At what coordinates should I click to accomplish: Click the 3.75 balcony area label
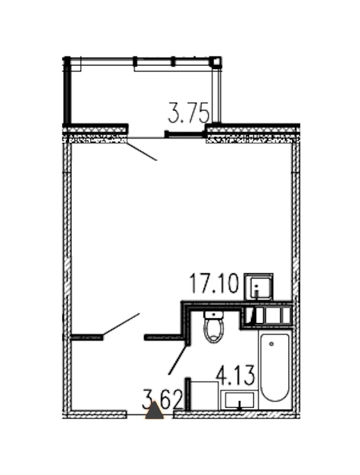click(188, 113)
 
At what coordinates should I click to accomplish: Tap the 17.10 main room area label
click(214, 283)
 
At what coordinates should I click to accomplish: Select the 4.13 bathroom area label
click(235, 375)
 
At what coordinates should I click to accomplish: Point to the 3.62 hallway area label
click(163, 399)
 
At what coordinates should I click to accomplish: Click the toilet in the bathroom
click(214, 327)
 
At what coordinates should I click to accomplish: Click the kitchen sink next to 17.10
click(259, 286)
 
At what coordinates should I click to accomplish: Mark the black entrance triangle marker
click(154, 411)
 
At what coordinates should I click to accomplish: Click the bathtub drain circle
click(271, 343)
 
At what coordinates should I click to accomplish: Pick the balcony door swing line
click(142, 151)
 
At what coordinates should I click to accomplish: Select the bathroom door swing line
click(178, 360)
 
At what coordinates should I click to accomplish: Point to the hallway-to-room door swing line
click(121, 324)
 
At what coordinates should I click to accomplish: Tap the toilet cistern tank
click(214, 315)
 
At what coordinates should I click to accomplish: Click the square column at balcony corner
click(216, 62)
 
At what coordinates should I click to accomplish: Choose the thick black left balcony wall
click(67, 90)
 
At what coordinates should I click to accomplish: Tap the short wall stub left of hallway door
click(87, 337)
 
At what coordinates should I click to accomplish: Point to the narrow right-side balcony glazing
click(216, 95)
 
